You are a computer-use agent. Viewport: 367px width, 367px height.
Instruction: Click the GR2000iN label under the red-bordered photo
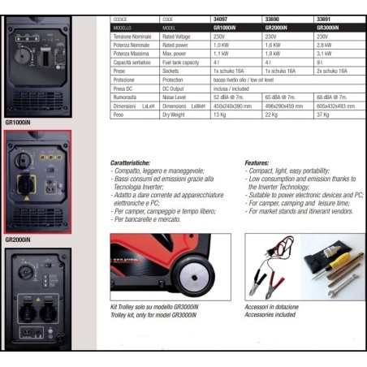click(x=18, y=240)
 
